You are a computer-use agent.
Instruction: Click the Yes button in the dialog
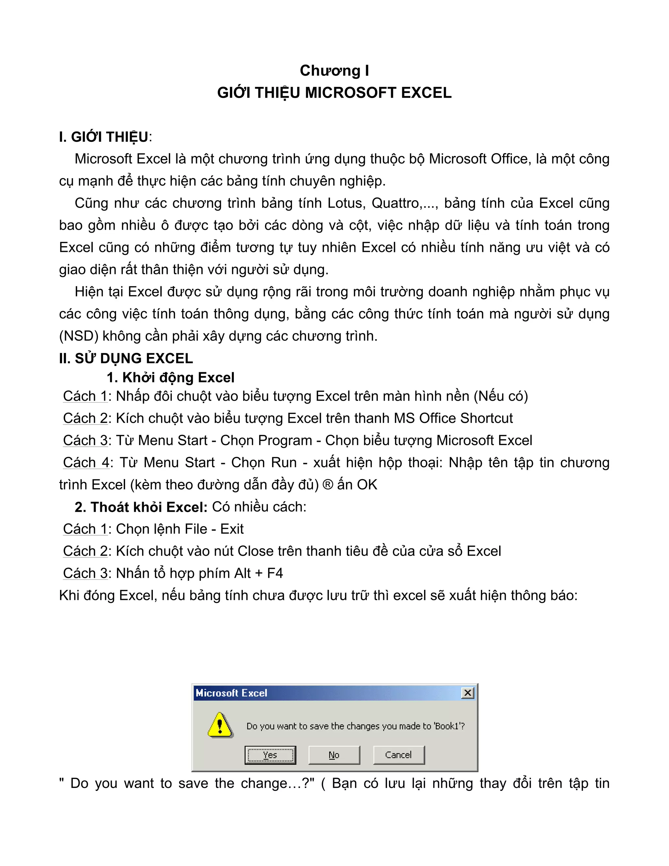coord(270,755)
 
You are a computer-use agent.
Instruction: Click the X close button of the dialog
coord(468,693)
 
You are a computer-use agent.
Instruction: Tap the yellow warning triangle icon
coord(220,725)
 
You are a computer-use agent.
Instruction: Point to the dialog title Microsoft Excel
coord(232,693)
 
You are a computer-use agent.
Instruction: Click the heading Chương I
coord(334,71)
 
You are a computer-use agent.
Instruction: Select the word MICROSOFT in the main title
coord(351,93)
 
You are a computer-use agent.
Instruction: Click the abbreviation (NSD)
coord(78,336)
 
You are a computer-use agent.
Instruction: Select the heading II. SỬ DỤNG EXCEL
coord(126,358)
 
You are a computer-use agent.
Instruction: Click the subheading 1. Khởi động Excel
coord(171,377)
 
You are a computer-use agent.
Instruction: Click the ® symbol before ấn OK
coord(328,485)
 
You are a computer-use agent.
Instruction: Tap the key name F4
coord(275,574)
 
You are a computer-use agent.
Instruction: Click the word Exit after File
coord(232,529)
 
